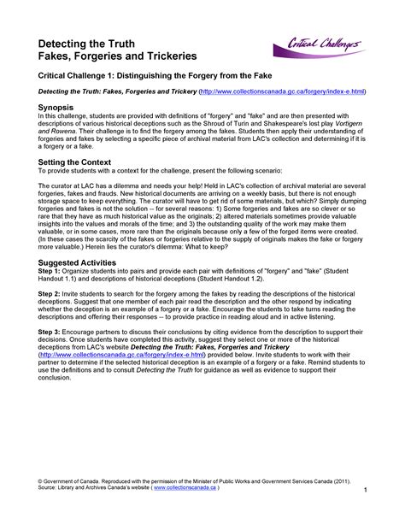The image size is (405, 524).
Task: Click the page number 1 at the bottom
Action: (365, 491)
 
